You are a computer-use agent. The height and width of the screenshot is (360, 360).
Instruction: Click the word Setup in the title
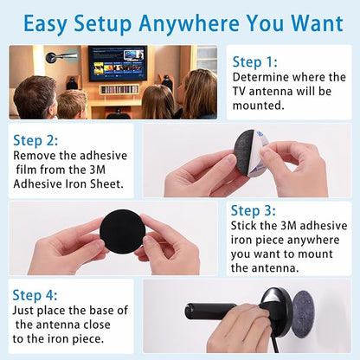(103, 23)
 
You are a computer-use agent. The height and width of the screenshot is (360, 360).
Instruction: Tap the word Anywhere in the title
(189, 23)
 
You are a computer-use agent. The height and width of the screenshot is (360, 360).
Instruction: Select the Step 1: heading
(255, 62)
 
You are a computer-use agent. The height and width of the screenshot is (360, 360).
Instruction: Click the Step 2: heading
(35, 141)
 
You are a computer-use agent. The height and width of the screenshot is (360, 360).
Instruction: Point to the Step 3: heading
(253, 210)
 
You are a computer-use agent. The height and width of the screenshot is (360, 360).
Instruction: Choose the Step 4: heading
(35, 295)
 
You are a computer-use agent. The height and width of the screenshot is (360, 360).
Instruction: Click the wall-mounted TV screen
(118, 63)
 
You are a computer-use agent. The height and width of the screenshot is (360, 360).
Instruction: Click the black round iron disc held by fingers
(122, 230)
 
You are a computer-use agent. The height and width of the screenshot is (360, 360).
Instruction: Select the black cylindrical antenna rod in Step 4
(211, 311)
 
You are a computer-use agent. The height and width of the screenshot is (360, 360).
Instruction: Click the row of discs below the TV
(119, 89)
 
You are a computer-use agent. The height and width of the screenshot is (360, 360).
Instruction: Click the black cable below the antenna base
(274, 345)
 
